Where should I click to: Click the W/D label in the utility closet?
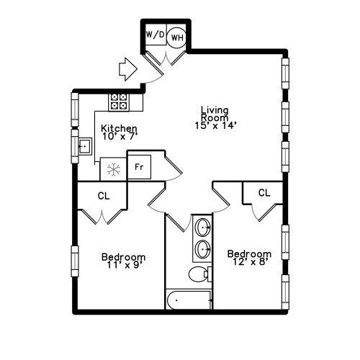pyautogui.click(x=154, y=35)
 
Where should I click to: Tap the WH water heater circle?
pyautogui.click(x=177, y=37)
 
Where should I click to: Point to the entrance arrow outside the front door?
pyautogui.click(x=127, y=69)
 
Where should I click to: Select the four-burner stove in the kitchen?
pyautogui.click(x=118, y=102)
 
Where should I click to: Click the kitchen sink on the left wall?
pyautogui.click(x=84, y=148)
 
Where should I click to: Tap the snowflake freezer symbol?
pyautogui.click(x=112, y=170)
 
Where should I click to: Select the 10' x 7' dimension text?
pyautogui.click(x=120, y=135)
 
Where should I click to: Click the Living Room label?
pyautogui.click(x=215, y=114)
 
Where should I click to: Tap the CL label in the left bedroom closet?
pyautogui.click(x=104, y=194)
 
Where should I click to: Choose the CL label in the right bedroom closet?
pyautogui.click(x=264, y=192)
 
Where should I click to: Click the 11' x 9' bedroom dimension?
pyautogui.click(x=123, y=265)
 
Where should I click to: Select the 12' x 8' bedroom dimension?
pyautogui.click(x=249, y=262)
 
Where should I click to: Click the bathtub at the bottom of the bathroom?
pyautogui.click(x=189, y=300)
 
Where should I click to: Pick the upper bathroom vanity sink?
pyautogui.click(x=203, y=228)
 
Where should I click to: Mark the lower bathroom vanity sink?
pyautogui.click(x=203, y=249)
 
